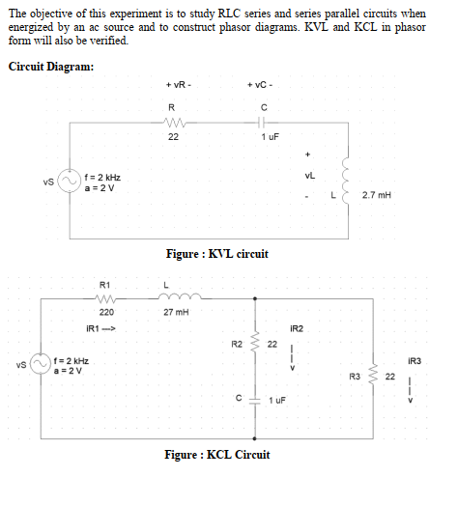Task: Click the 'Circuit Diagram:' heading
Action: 51,67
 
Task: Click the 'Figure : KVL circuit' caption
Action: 216,253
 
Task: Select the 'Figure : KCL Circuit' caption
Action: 216,454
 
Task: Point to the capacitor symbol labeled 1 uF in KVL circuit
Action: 263,123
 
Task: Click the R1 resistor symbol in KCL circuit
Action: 106,299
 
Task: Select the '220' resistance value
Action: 106,313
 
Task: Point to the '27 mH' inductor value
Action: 176,313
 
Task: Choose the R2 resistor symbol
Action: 256,343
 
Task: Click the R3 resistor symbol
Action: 374,377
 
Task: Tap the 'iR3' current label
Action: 415,360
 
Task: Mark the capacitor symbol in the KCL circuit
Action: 256,398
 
